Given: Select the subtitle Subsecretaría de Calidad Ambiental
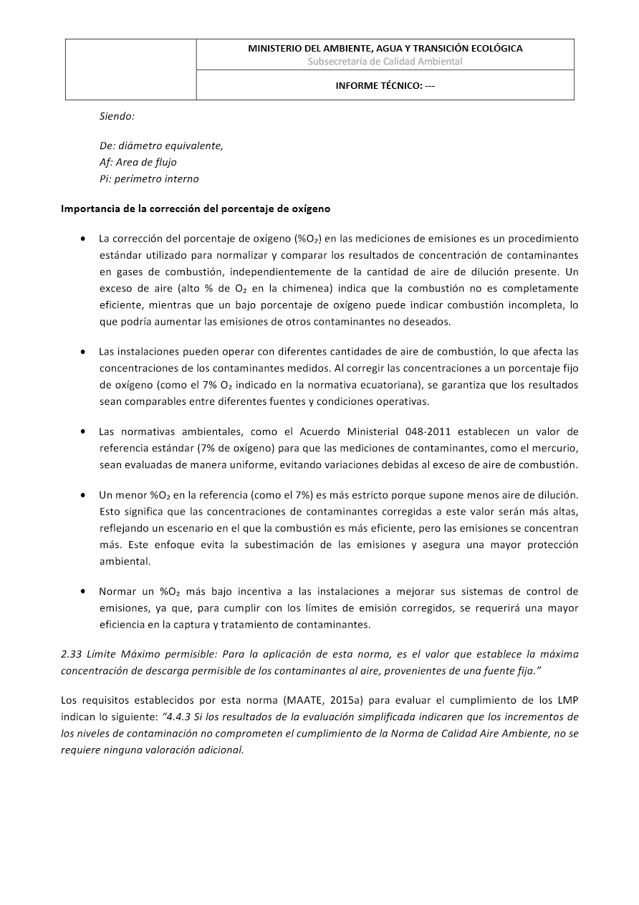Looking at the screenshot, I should (385, 62).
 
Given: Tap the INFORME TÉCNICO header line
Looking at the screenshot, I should (385, 86).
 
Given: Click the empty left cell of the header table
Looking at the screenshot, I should (131, 70).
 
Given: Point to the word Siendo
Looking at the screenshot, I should (117, 115).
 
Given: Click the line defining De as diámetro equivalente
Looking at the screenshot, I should (161, 145).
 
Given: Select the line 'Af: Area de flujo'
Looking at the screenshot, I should (138, 162).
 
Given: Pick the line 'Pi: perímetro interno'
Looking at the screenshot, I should (149, 178).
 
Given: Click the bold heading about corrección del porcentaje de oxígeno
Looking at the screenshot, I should (196, 209).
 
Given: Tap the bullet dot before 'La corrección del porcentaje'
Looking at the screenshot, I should (85, 238).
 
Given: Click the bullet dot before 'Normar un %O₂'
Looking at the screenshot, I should (85, 592).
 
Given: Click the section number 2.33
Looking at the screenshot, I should (73, 654).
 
